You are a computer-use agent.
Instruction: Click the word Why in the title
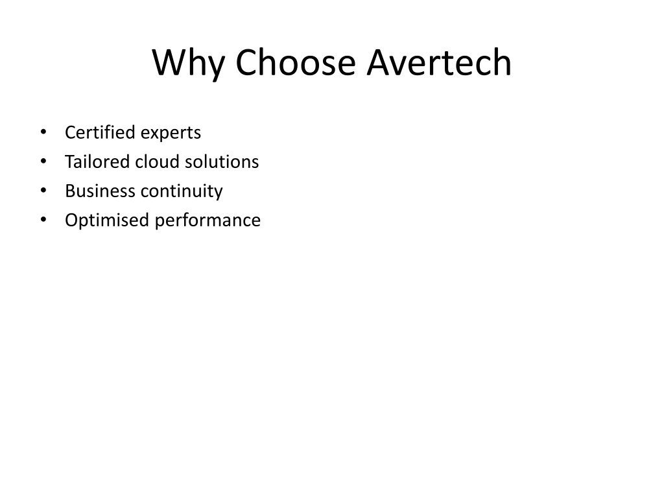(188, 63)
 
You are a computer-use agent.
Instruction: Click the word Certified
(100, 132)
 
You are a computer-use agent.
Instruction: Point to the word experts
(171, 134)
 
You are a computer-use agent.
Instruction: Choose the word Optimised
(107, 220)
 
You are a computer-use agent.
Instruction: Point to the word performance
(207, 220)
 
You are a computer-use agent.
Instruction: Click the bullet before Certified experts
(43, 132)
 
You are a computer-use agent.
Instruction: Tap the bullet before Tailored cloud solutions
(43, 161)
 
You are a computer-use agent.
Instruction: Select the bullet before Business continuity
(43, 191)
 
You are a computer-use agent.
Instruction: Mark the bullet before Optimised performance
(43, 220)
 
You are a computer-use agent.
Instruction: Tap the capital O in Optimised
(71, 220)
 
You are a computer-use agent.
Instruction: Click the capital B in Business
(70, 191)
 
